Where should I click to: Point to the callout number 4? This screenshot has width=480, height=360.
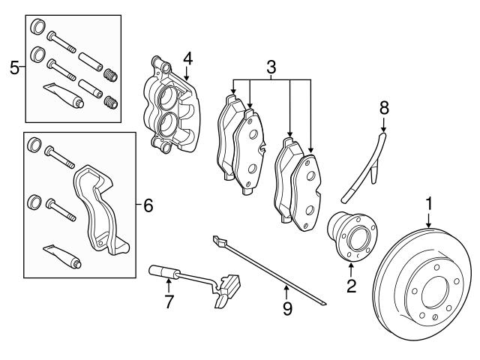(x=187, y=58)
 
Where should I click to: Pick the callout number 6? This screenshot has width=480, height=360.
(x=148, y=205)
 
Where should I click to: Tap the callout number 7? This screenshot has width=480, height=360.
(x=169, y=301)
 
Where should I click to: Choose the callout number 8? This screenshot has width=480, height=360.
(x=384, y=108)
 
